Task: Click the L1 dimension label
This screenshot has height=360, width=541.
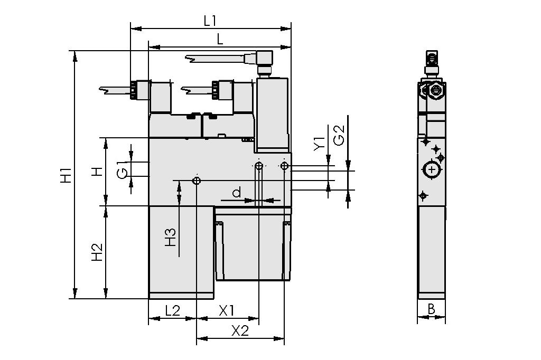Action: point(210,21)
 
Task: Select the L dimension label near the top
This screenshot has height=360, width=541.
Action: point(220,39)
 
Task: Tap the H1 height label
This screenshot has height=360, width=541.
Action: point(66,175)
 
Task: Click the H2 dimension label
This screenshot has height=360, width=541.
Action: point(96,252)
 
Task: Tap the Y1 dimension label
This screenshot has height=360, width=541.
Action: point(319,144)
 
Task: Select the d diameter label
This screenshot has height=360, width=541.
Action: point(237,193)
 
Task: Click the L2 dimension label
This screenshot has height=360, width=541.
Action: point(172,310)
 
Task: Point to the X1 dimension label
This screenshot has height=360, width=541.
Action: point(227,310)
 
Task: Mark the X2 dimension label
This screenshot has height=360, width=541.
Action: point(240,331)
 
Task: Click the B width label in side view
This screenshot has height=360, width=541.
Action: point(431,309)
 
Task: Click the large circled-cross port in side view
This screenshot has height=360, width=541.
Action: point(432,169)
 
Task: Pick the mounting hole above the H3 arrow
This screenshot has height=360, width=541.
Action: point(197,181)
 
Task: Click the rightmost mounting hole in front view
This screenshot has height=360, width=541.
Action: point(285,166)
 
